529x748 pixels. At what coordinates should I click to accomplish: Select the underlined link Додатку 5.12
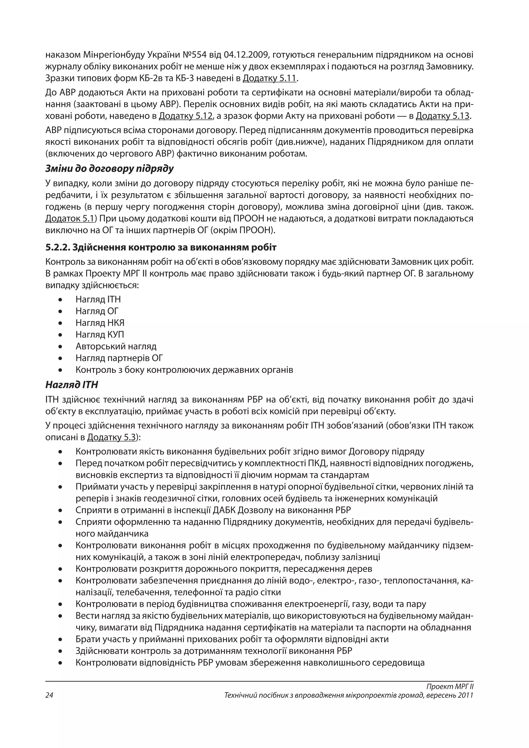[186, 116]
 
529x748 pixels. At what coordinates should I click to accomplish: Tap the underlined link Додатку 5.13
[443, 116]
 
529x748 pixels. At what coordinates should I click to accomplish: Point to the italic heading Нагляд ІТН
[72, 385]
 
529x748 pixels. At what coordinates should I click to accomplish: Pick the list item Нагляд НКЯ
[100, 323]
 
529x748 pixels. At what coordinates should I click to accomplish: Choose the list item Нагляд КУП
[100, 334]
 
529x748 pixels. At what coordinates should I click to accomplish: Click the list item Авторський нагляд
[116, 346]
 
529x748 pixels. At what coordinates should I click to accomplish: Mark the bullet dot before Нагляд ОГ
[60, 311]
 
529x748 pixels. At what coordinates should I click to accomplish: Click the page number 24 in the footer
[49, 695]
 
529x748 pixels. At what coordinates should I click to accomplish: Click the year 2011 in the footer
[465, 695]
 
